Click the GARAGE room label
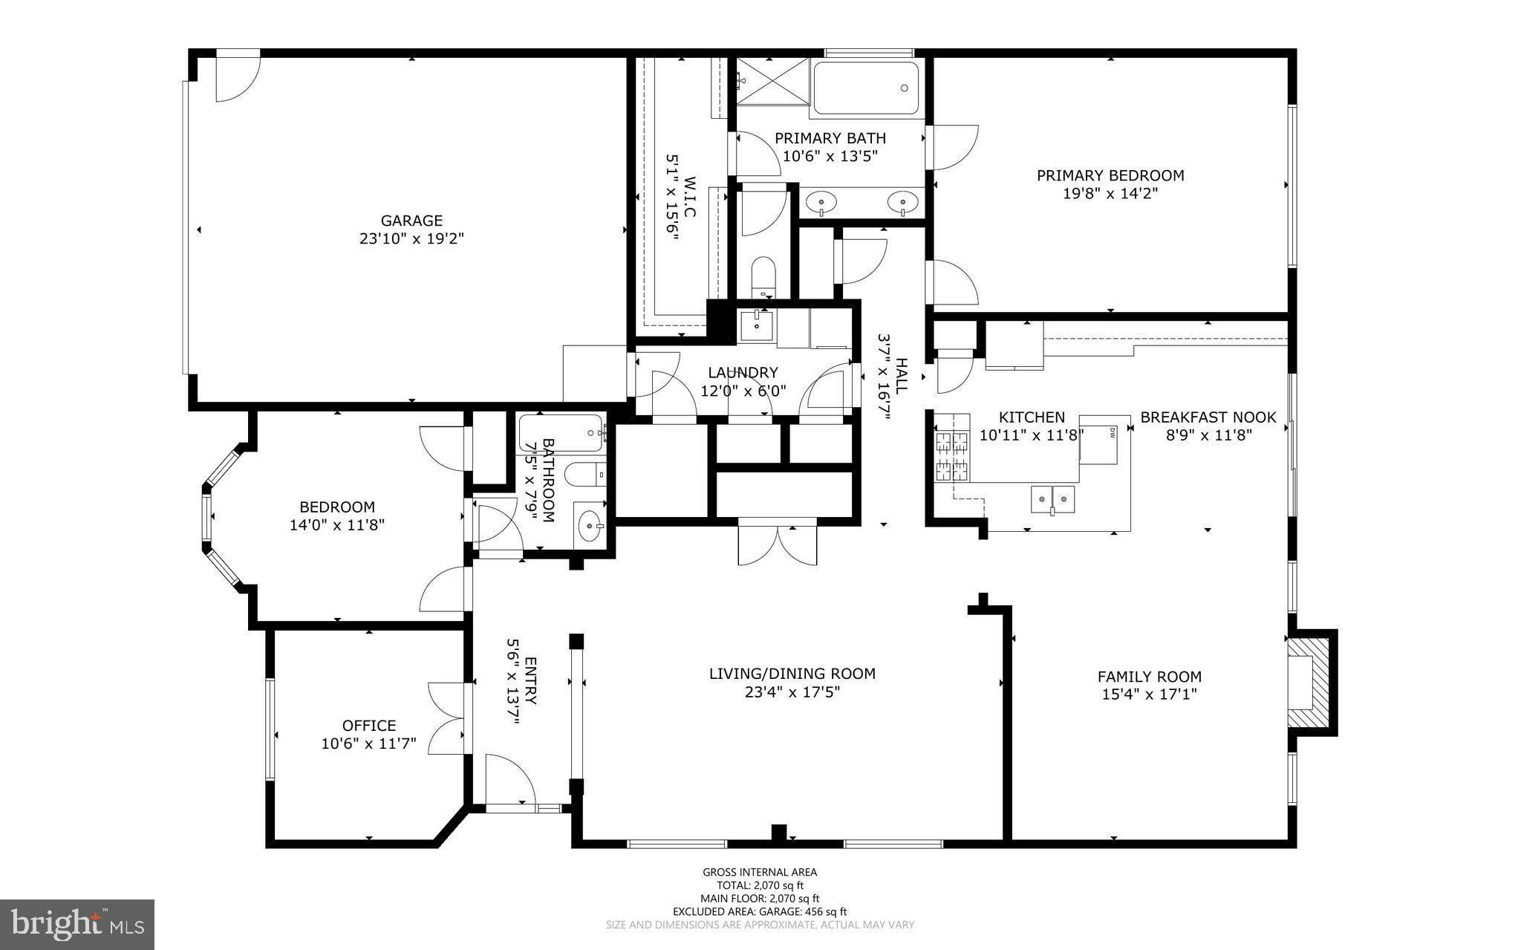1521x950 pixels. pyautogui.click(x=411, y=221)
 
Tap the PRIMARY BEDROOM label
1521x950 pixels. pyautogui.click(x=1110, y=175)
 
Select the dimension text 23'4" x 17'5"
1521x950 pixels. pyautogui.click(x=792, y=692)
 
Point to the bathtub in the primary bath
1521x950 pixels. pyautogui.click(x=867, y=88)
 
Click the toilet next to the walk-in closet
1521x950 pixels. pyautogui.click(x=763, y=277)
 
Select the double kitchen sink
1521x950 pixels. pyautogui.click(x=1053, y=500)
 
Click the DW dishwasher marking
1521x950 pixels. pyautogui.click(x=1113, y=432)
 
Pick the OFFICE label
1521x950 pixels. pyautogui.click(x=368, y=726)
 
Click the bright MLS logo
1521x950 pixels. pyautogui.click(x=77, y=925)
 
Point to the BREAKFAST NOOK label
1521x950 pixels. pyautogui.click(x=1208, y=417)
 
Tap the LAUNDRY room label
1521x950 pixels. pyautogui.click(x=743, y=373)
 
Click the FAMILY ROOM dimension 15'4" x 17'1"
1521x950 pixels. pyautogui.click(x=1149, y=694)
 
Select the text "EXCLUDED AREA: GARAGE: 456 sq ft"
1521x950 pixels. pyautogui.click(x=760, y=911)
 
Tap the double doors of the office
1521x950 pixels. pyautogui.click(x=447, y=718)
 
